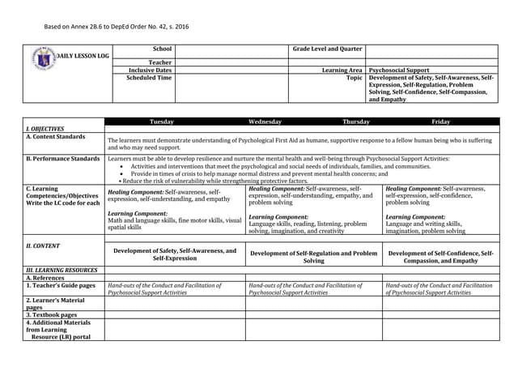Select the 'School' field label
click(162, 49)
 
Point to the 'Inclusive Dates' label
click(152, 70)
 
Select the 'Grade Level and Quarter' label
click(327, 49)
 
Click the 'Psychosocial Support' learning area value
click(399, 70)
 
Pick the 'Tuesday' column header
click(162, 122)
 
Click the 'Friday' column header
click(441, 122)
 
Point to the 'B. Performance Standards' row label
click(63, 159)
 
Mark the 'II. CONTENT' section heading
click(44, 245)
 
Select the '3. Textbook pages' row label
click(52, 314)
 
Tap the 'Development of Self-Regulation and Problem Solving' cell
click(314, 257)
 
